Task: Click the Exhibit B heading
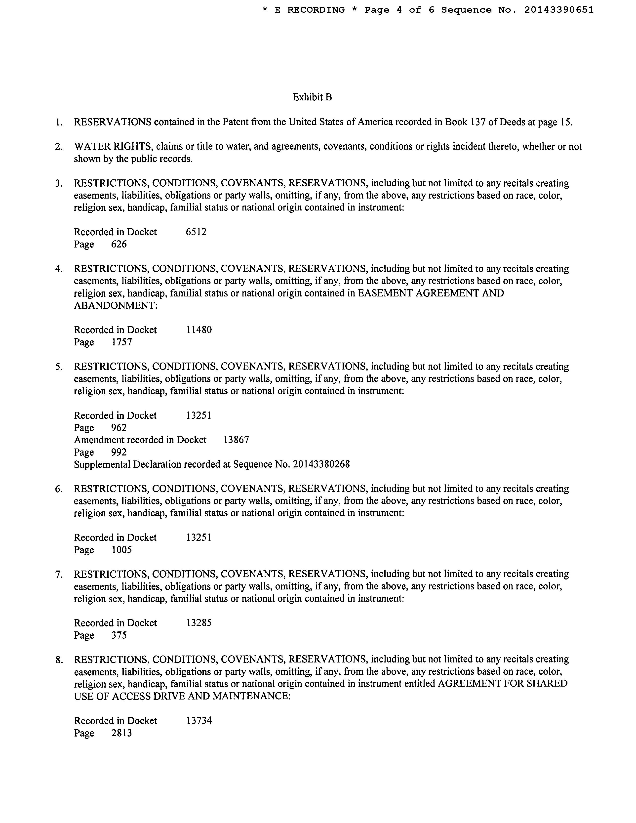(312, 97)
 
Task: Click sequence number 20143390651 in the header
(559, 10)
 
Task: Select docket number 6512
(196, 232)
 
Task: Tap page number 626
(119, 244)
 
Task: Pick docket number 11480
(199, 330)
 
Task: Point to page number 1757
(122, 342)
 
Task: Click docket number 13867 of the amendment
(236, 440)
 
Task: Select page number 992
(119, 452)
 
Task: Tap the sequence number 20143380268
(321, 464)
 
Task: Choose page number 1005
(122, 550)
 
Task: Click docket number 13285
(199, 623)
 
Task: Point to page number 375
(119, 635)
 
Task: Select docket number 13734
(199, 721)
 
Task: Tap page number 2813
(122, 733)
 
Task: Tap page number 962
(119, 428)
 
